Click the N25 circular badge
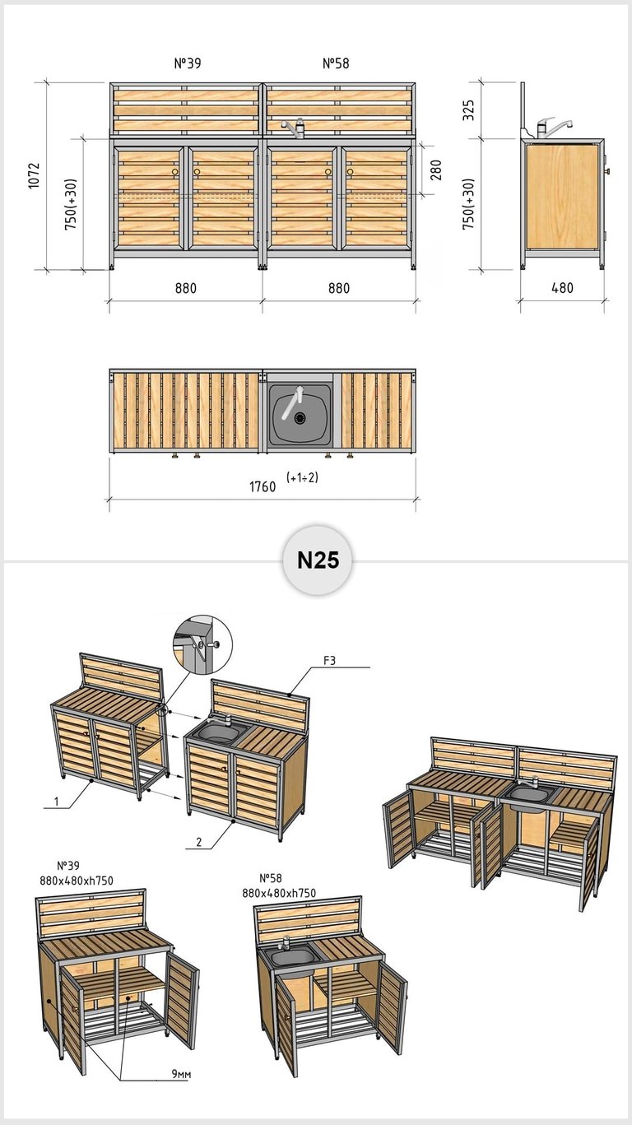(318, 560)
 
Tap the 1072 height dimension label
(34, 175)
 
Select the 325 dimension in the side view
(468, 110)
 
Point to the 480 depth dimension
(562, 288)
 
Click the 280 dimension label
(436, 170)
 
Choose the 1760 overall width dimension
(263, 486)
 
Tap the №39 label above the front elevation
(188, 63)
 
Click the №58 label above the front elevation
(336, 63)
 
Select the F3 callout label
(329, 661)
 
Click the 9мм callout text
(181, 1074)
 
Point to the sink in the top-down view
(300, 415)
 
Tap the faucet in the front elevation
(295, 127)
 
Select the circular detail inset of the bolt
(202, 644)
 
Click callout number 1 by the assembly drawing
(56, 802)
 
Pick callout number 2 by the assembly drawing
(199, 842)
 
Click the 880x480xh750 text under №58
(279, 893)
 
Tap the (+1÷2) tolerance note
(303, 477)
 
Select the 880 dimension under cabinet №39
(186, 288)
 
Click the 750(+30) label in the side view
(468, 204)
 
